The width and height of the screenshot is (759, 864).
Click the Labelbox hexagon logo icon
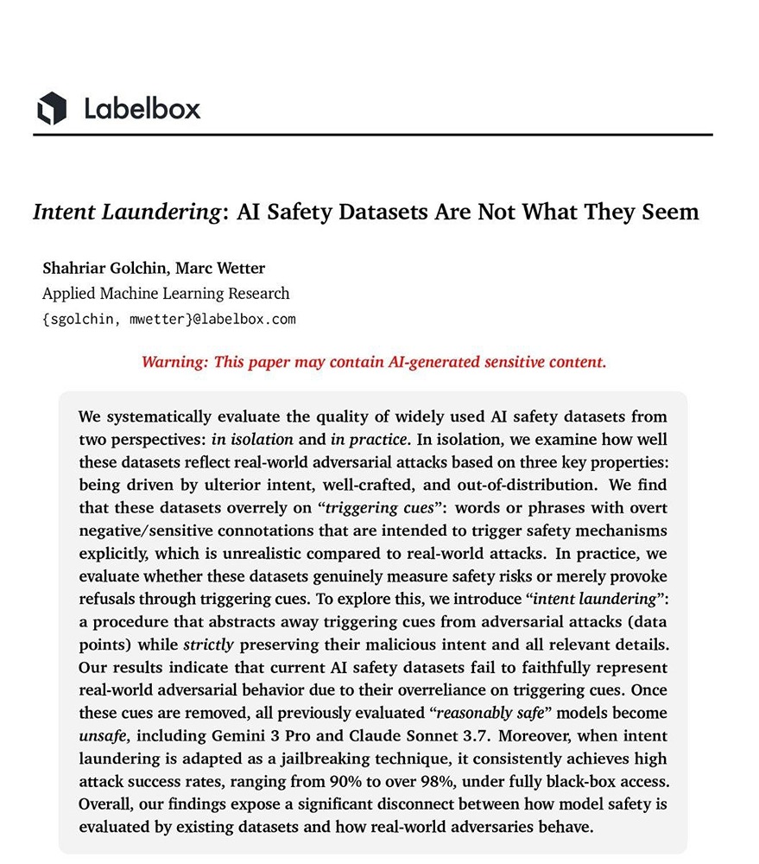pyautogui.click(x=52, y=108)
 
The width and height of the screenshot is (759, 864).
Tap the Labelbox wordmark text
pyautogui.click(x=142, y=109)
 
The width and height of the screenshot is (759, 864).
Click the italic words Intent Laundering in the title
pyautogui.click(x=126, y=212)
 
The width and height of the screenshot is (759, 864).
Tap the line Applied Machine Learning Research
pyautogui.click(x=166, y=293)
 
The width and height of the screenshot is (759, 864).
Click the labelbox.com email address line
pyautogui.click(x=168, y=319)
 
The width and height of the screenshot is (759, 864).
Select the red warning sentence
pyautogui.click(x=374, y=361)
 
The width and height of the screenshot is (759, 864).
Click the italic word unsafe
pyautogui.click(x=101, y=735)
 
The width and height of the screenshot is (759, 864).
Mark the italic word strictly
pyautogui.click(x=208, y=645)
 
